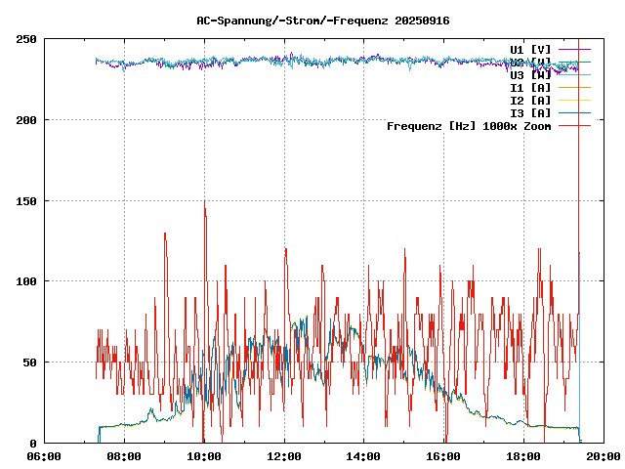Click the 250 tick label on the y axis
coord(26,39)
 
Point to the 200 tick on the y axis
coord(26,120)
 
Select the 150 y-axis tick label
coord(26,200)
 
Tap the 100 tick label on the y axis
coord(26,281)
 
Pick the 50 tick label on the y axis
coord(29,362)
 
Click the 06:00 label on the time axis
coord(44,455)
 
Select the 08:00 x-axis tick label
coord(124,455)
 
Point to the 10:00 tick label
coord(204,455)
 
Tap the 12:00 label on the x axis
coord(284,455)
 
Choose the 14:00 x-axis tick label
coord(364,455)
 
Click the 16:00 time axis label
coord(444,455)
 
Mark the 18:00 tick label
coord(524,455)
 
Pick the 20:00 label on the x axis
coord(604,455)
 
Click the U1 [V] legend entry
coord(530,49)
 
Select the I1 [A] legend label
coord(530,88)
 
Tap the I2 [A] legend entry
coord(530,101)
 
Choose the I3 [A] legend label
coord(530,113)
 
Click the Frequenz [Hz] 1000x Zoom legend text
coord(469,126)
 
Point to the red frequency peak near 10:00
coord(205,202)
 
